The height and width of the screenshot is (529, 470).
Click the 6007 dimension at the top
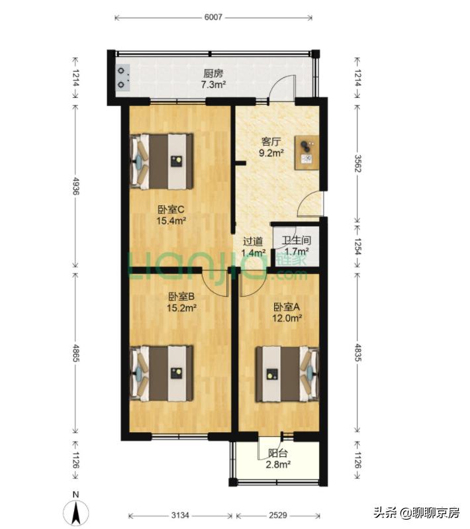(x=213, y=17)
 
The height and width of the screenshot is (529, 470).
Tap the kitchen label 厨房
(x=213, y=73)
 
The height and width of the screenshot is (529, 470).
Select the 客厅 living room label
(x=271, y=142)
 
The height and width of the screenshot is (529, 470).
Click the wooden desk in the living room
(x=307, y=153)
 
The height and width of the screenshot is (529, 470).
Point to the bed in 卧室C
(x=162, y=162)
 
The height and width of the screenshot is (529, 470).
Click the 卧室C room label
(x=171, y=209)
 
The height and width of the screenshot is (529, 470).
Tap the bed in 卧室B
(x=162, y=373)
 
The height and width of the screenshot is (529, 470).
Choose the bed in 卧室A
(x=287, y=374)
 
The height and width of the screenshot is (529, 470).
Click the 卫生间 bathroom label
(x=297, y=240)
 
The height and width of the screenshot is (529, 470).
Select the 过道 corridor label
(x=253, y=241)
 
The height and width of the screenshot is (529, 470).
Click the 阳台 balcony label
(x=278, y=453)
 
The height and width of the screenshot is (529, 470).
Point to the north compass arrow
(x=77, y=512)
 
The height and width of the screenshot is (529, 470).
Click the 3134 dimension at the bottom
(x=181, y=515)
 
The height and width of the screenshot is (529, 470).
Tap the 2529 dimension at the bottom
(x=278, y=515)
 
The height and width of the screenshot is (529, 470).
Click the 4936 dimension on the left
(x=75, y=186)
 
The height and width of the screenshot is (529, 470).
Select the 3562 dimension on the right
(x=357, y=164)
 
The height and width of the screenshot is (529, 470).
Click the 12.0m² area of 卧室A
(x=287, y=318)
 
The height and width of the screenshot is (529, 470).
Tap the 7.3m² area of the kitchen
(x=213, y=85)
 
